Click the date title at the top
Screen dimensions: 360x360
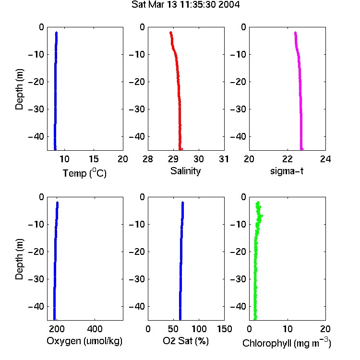click(185, 5)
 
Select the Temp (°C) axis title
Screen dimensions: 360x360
click(84, 173)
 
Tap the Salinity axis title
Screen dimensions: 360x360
click(185, 171)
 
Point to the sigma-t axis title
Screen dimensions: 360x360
click(287, 171)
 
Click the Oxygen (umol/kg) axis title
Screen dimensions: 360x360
click(84, 341)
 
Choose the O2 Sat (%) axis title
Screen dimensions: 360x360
click(185, 341)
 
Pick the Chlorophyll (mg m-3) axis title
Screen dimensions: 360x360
click(287, 343)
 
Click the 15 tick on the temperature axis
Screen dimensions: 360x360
click(94, 159)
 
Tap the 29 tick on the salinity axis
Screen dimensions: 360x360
click(173, 159)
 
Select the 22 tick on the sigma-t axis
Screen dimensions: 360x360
click(288, 159)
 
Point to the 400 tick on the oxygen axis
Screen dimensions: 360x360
click(95, 329)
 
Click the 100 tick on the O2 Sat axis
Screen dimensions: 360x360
click(199, 329)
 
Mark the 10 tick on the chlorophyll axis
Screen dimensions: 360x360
click(288, 329)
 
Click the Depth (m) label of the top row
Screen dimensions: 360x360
click(19, 89)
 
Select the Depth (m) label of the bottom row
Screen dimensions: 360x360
click(19, 259)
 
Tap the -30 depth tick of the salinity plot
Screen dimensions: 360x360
click(137, 109)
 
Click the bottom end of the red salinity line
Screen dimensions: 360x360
click(180, 149)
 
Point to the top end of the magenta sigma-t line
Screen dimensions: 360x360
click(296, 33)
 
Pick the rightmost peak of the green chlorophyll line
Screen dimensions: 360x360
click(262, 216)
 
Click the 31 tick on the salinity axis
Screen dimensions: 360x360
click(224, 159)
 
